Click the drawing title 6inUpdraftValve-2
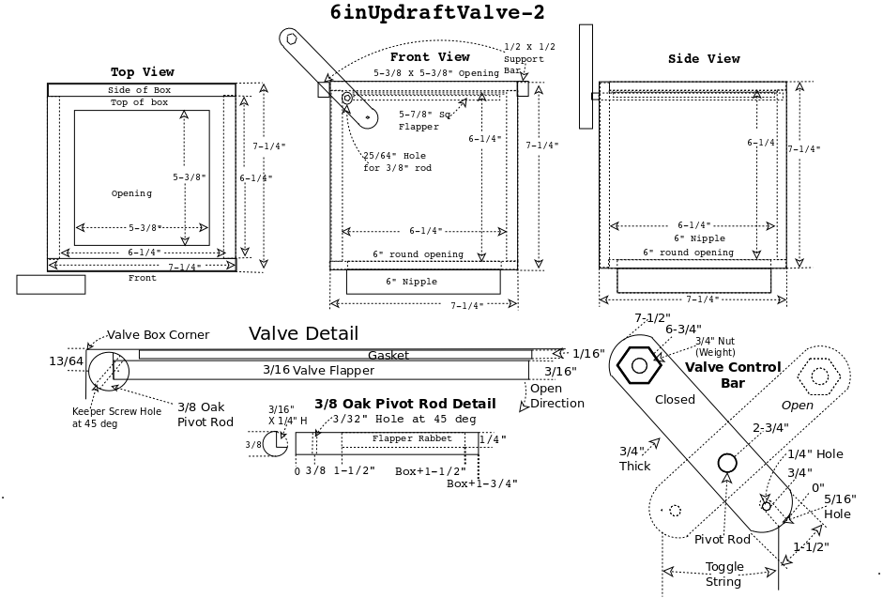(x=436, y=12)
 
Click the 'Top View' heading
(x=142, y=72)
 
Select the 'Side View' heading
(x=704, y=58)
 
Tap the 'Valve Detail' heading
(x=303, y=333)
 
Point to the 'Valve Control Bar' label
(x=733, y=375)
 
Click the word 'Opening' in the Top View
(x=131, y=193)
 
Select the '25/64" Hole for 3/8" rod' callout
(x=398, y=161)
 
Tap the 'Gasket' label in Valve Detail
(x=388, y=355)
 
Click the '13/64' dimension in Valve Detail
(x=66, y=360)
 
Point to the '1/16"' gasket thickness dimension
(x=588, y=353)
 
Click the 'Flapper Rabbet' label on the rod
(x=412, y=438)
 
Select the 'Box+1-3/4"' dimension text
(x=481, y=483)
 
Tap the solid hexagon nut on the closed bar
(x=639, y=364)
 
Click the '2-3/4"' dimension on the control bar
(x=770, y=427)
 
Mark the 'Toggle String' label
(x=723, y=574)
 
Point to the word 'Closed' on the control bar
(x=675, y=399)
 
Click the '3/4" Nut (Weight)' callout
(x=715, y=345)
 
